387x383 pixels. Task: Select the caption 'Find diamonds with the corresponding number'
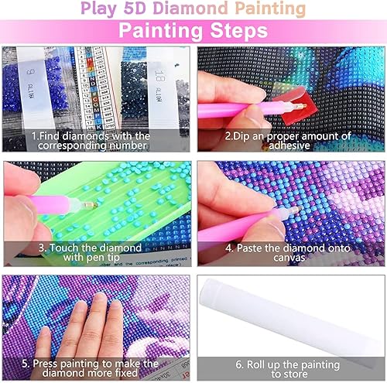[x=96, y=139]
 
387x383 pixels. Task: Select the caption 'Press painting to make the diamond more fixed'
[x=96, y=368]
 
